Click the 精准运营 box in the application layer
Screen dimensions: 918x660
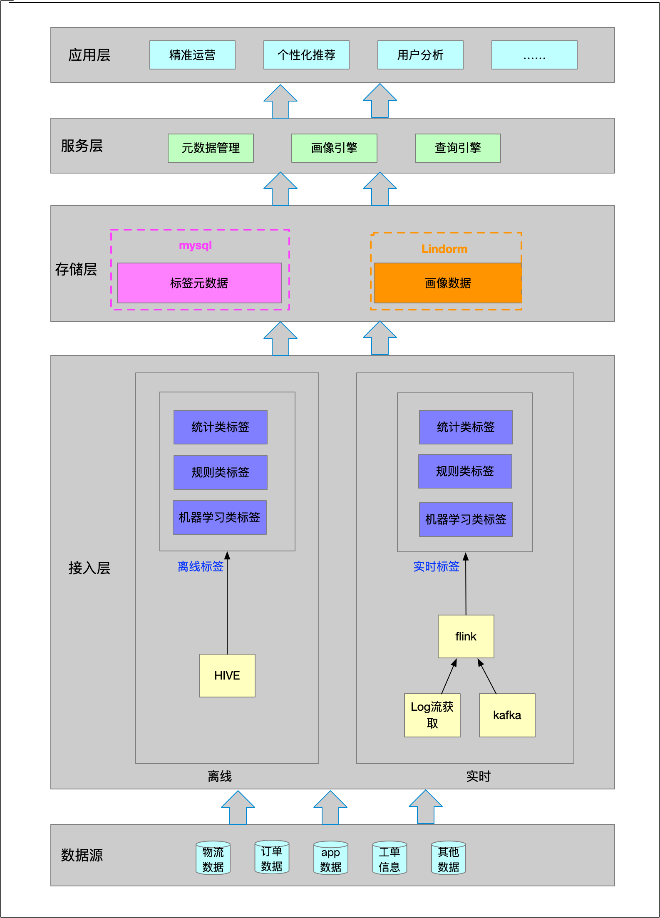point(192,55)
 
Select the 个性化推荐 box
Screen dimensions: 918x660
point(306,55)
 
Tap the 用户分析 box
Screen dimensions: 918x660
point(420,55)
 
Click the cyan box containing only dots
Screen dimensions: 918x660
point(534,55)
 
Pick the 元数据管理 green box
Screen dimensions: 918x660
point(211,148)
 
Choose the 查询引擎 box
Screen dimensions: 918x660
point(458,148)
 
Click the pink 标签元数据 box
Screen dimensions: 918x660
point(199,283)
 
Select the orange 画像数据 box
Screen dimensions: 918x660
point(448,283)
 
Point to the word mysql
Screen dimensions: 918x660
point(195,246)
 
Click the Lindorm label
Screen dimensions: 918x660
point(444,249)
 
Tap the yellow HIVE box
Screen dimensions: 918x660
point(227,675)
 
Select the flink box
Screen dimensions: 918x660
point(466,636)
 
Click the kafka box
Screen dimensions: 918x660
point(507,715)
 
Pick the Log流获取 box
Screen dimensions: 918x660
point(432,715)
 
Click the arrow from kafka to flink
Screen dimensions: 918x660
point(487,677)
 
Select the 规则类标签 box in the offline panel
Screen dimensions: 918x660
point(220,472)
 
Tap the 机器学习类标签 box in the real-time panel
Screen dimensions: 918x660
point(466,519)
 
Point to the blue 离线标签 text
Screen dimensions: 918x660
point(201,566)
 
